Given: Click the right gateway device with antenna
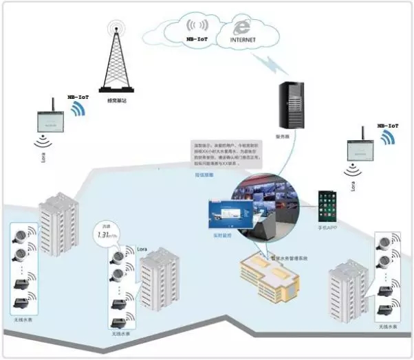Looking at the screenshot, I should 362,147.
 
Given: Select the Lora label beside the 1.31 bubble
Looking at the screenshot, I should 142,245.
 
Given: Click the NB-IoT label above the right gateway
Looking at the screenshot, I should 388,126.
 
